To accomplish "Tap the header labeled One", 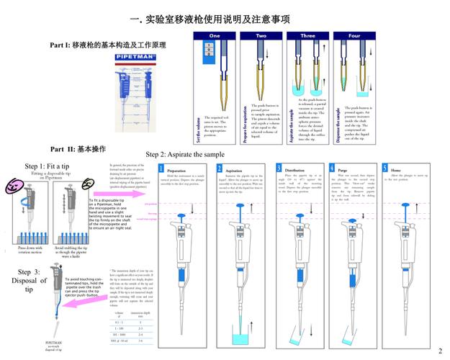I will point(215,35).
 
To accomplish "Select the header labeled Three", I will point(307,35).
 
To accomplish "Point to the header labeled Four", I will point(354,35).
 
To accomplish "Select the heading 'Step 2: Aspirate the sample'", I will point(185,154).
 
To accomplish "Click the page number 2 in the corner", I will point(440,351).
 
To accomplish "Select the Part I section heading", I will point(108,45).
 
